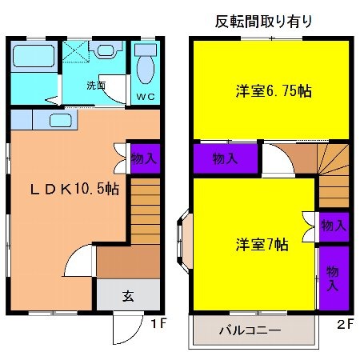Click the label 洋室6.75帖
pos(273,92)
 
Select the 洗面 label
pos(97,85)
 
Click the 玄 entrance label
pos(127,294)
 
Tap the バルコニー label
pos(249,329)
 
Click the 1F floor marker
pos(157,324)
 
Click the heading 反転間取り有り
pos(264,21)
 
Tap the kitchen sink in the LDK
pos(61,121)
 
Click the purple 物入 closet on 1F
pos(143,158)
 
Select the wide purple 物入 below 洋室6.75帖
pos(225,158)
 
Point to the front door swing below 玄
pos(124,326)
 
